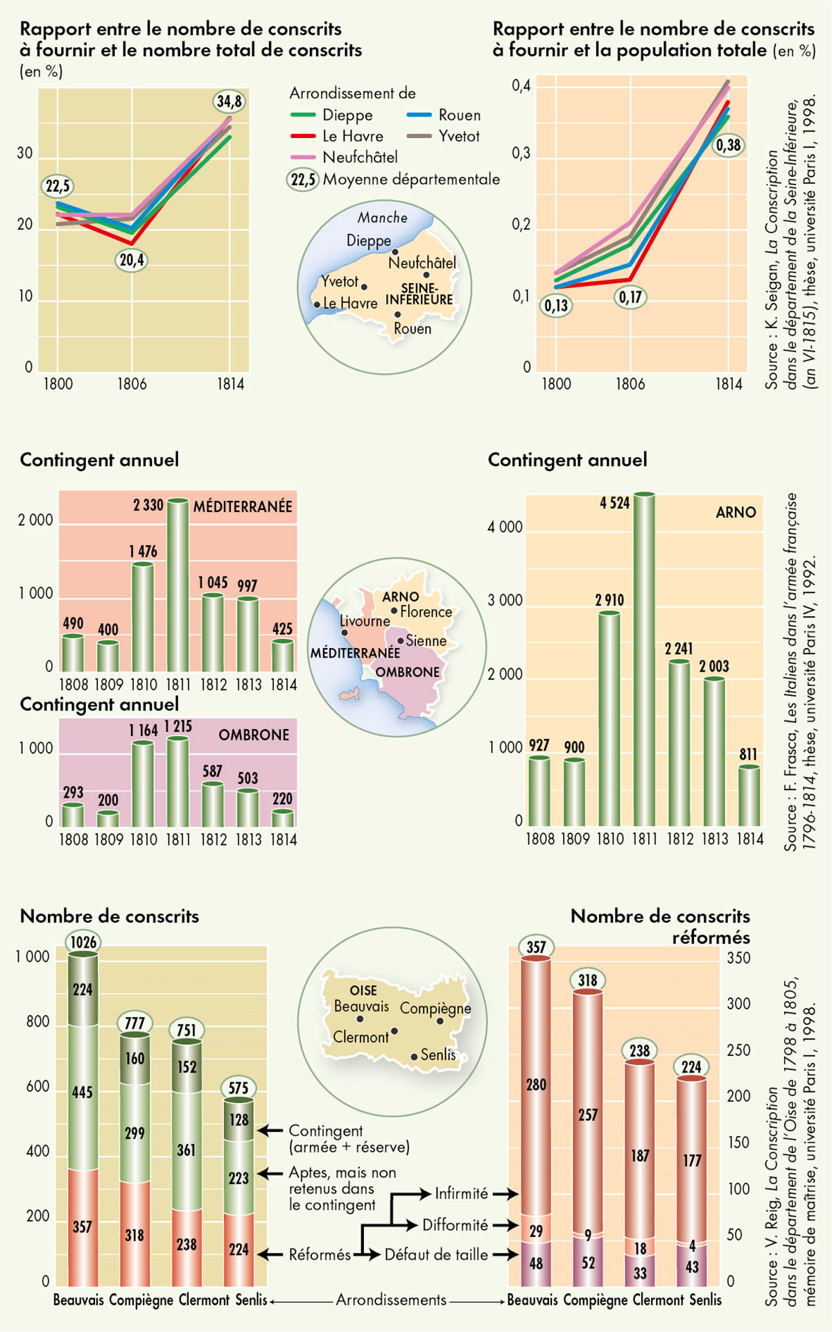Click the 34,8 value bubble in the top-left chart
[229, 101]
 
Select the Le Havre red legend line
[304, 137]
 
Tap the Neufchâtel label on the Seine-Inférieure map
[422, 263]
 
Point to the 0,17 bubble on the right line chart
[630, 298]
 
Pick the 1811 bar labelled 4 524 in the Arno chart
[644, 659]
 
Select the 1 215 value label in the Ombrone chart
[178, 726]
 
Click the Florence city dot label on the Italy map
[425, 612]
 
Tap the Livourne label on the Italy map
[365, 621]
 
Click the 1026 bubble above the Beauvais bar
[83, 942]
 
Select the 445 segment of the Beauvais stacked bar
[83, 1093]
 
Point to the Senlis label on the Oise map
[437, 1054]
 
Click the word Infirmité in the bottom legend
[461, 1194]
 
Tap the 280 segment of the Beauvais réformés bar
[536, 1084]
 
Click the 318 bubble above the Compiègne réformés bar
[587, 980]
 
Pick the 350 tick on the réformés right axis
[738, 958]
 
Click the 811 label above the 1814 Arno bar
[748, 754]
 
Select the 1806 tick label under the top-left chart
[132, 384]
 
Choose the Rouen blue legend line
[419, 115]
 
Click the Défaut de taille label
[436, 1254]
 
